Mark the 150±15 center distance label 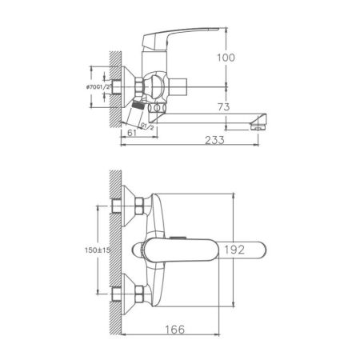99,250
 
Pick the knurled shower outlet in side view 139,105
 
